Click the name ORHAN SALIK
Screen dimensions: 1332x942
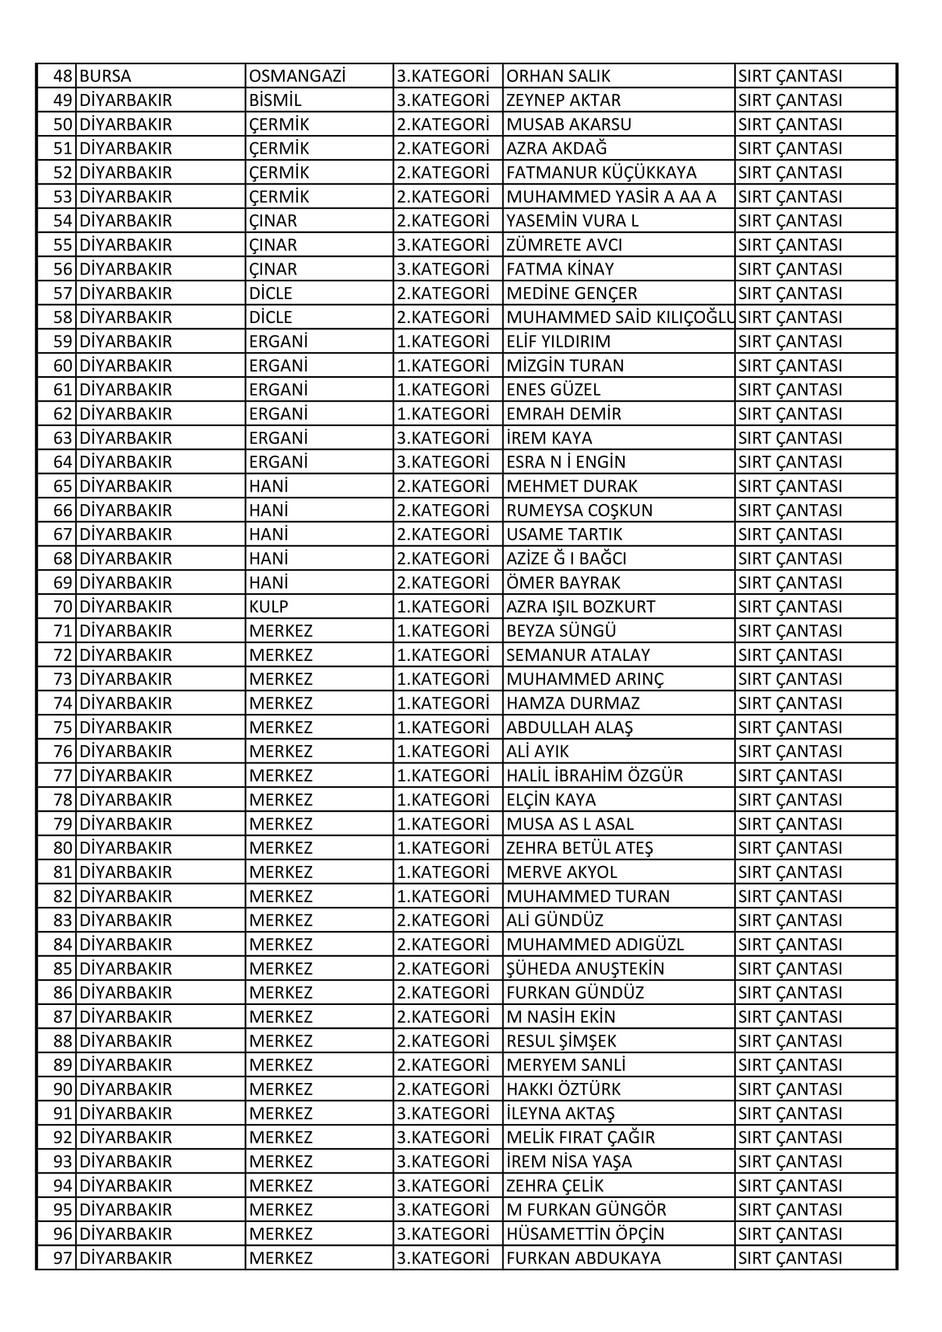click(x=558, y=76)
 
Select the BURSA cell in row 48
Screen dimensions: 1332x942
click(x=105, y=76)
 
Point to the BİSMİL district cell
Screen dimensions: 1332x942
click(x=275, y=100)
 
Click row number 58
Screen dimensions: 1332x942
click(x=62, y=317)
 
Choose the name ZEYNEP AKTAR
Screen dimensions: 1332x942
click(x=563, y=100)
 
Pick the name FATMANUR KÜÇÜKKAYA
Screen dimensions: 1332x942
click(x=601, y=173)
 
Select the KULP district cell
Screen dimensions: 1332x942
click(x=269, y=607)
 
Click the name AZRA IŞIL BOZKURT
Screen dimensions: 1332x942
click(x=580, y=607)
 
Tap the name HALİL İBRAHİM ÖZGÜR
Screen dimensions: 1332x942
click(x=595, y=775)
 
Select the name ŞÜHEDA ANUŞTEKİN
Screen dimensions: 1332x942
click(x=585, y=969)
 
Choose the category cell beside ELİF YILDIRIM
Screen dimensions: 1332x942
click(x=443, y=342)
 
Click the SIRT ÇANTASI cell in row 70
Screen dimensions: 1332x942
click(x=790, y=607)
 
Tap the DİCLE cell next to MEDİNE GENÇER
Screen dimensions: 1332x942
click(x=271, y=293)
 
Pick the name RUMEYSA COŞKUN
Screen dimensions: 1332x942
click(x=579, y=510)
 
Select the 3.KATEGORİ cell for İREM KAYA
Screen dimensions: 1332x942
click(x=443, y=438)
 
